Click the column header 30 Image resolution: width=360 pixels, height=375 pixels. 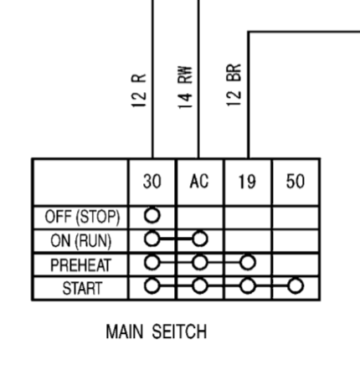(152, 182)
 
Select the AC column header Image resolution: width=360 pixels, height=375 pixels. (199, 181)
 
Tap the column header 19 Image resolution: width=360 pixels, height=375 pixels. (247, 182)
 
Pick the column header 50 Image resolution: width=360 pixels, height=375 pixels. (296, 182)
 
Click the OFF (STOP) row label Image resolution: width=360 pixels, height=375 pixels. (82, 217)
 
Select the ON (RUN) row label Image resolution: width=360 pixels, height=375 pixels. (81, 240)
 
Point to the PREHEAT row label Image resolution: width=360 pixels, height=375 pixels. (80, 265)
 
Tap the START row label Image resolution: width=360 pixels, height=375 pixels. (82, 288)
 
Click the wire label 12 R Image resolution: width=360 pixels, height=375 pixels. (139, 90)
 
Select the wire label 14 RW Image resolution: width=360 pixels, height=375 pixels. (185, 87)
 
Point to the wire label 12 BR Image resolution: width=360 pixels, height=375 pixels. (234, 85)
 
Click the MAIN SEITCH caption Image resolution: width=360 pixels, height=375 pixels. (157, 331)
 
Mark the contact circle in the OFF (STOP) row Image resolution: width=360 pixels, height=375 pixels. (152, 215)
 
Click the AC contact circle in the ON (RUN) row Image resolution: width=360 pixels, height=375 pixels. (200, 239)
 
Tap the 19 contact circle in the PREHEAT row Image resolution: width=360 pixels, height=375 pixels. (248, 263)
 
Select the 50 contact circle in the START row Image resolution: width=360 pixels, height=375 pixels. (296, 286)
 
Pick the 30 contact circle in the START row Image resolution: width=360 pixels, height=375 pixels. (152, 286)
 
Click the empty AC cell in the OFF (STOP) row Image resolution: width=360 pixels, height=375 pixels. (200, 218)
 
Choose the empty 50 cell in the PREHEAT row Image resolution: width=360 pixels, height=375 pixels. (296, 265)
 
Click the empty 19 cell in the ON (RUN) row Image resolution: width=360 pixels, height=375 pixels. (248, 241)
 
